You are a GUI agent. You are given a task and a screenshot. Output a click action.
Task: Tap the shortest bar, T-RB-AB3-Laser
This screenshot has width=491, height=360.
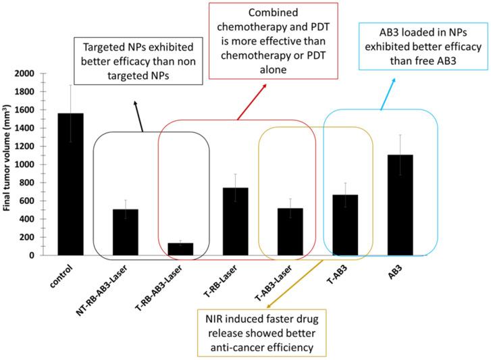[x=180, y=249]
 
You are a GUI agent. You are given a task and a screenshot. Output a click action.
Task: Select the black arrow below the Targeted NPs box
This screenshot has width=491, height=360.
[x=138, y=115]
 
